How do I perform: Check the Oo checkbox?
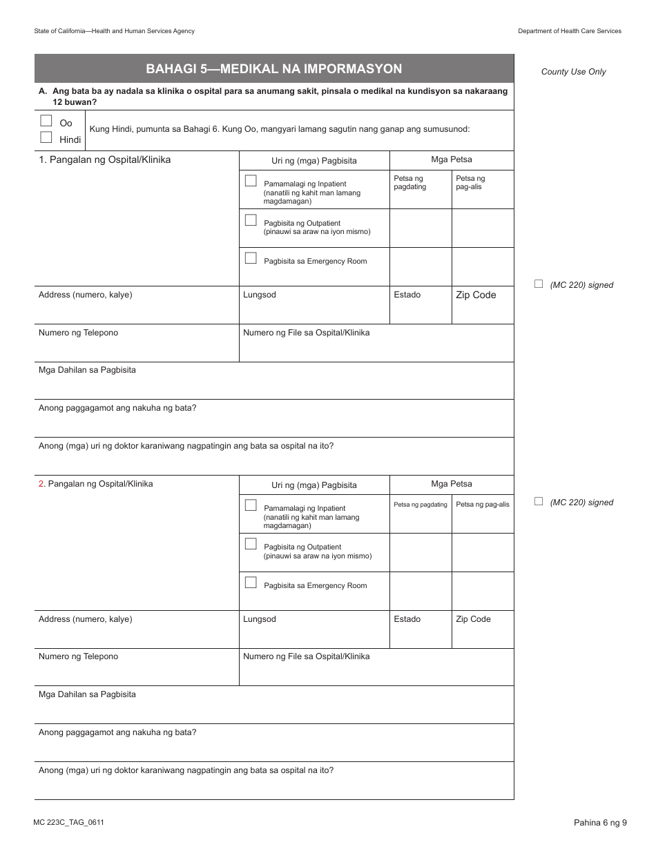coord(46,121)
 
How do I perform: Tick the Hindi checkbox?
coord(46,137)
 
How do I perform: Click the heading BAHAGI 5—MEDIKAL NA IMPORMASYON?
coord(274,69)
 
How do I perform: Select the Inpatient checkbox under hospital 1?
coord(251,181)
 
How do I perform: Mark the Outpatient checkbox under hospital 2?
coord(251,544)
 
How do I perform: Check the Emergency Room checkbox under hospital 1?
coord(251,258)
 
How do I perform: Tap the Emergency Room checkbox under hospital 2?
coord(251,583)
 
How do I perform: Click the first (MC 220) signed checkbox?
coord(539,284)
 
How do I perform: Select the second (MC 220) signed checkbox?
coord(539,501)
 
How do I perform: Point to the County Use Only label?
coord(573,72)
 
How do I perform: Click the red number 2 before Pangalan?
coord(41,484)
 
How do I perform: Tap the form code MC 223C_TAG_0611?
coord(68,822)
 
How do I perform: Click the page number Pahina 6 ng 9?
coord(599,822)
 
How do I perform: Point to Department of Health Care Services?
coord(570,31)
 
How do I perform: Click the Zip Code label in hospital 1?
coord(475,295)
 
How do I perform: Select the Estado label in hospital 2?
coord(407,619)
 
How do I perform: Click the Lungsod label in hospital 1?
coord(259,295)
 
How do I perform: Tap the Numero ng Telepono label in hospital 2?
coord(78,656)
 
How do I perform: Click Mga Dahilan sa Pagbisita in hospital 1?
coord(87,370)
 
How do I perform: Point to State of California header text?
coord(114,31)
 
